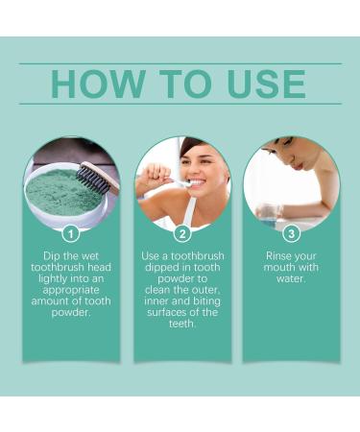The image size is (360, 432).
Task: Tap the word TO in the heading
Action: pos(183,84)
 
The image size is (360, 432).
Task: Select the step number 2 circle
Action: pos(180,232)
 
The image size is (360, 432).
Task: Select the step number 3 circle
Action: pos(291,232)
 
